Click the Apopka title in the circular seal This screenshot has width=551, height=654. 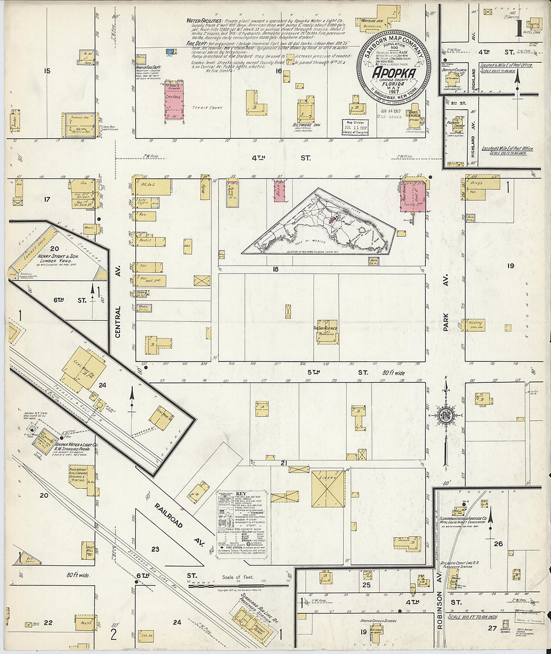pyautogui.click(x=393, y=73)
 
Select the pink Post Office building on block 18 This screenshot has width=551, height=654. pyautogui.click(x=415, y=197)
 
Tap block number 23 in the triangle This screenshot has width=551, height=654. pyautogui.click(x=155, y=549)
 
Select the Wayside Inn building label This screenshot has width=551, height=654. pyautogui.click(x=372, y=22)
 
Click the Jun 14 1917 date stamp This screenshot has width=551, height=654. pyautogui.click(x=390, y=111)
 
